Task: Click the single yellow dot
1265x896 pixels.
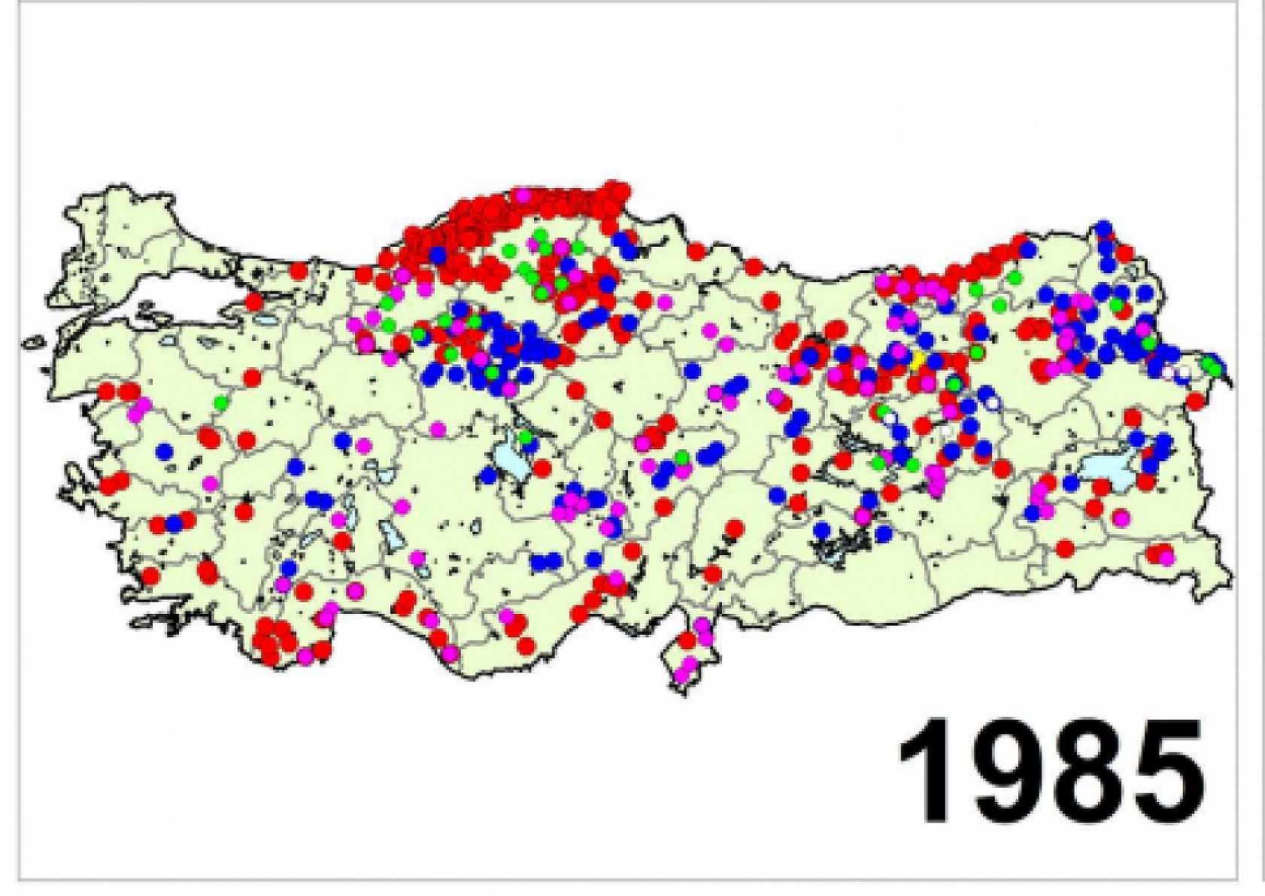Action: click(918, 360)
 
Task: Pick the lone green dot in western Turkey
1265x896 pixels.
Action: click(220, 402)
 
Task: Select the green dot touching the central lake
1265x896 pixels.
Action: click(526, 436)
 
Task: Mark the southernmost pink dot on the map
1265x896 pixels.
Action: click(682, 675)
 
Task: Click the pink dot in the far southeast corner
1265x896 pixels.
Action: click(1166, 558)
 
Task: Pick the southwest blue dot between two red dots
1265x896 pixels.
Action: click(174, 524)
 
